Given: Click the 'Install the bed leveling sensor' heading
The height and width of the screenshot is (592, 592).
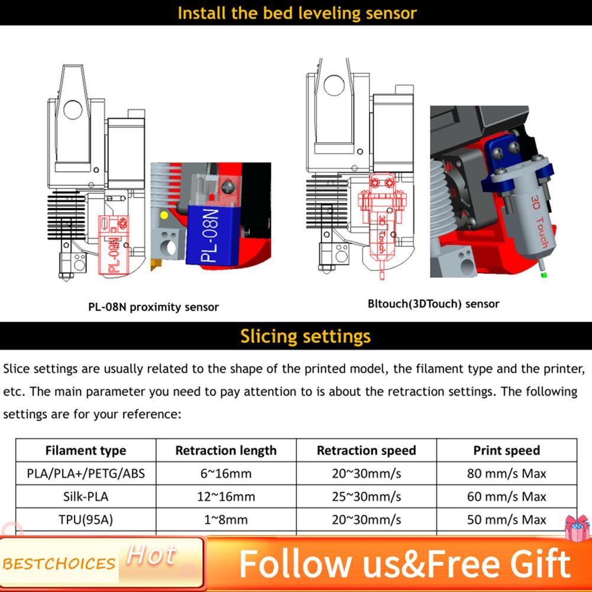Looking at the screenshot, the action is point(297,13).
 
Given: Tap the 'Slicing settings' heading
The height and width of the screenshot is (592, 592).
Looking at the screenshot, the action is point(305,336).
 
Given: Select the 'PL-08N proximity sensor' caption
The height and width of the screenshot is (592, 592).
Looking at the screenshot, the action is point(153,307).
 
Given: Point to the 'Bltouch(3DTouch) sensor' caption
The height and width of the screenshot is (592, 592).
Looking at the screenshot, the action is point(434,304).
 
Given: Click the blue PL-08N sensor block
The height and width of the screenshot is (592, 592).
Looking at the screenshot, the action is point(212,235).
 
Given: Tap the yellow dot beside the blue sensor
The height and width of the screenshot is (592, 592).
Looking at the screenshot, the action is point(164,215).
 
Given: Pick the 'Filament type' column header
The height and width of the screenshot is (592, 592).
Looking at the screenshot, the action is point(86,451).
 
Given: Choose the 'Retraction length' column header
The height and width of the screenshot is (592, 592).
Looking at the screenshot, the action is point(226,451).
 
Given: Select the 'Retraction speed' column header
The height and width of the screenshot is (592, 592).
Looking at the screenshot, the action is point(366,451).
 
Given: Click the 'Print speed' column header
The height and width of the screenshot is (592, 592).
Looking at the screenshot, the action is point(507,451).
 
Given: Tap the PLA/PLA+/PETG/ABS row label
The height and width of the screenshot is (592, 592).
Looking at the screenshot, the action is point(86,474).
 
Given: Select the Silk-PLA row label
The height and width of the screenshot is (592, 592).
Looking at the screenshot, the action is point(86,496).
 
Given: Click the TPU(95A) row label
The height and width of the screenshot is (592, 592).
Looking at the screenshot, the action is point(86,519).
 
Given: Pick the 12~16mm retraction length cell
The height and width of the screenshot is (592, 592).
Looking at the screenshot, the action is point(226,496).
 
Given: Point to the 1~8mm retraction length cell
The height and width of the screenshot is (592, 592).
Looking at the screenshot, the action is point(226,519).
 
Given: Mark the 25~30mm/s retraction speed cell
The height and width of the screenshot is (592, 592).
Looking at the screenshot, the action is point(366,496).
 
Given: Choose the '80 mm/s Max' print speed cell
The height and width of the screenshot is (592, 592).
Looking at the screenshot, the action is point(507,474).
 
